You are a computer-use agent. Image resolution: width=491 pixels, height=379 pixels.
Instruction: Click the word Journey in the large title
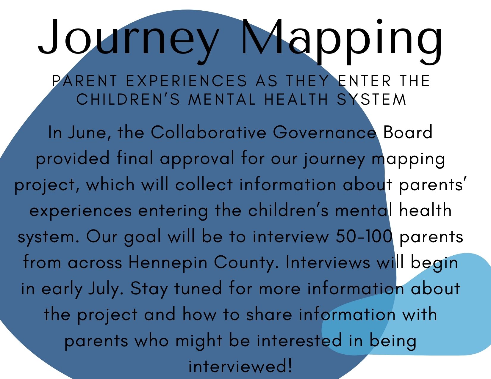point(129,40)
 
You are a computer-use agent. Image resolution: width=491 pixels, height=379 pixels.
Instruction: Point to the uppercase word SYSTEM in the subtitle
point(371,99)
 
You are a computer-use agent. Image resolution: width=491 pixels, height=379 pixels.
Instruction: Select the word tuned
point(198,289)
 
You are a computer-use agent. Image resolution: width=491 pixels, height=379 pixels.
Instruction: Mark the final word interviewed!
point(240,367)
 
